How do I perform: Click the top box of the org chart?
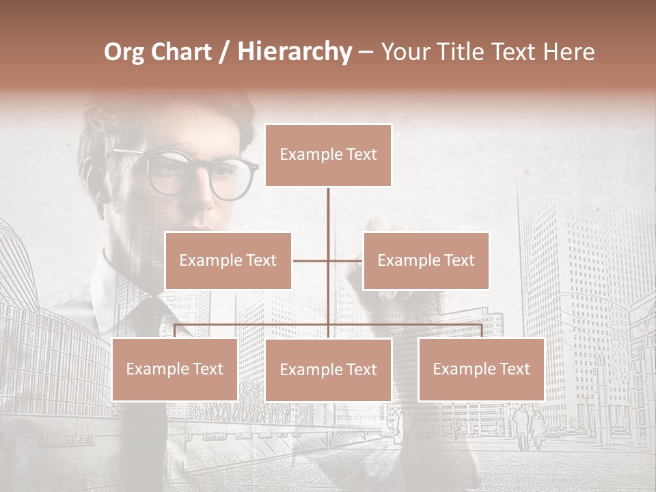pos(328,155)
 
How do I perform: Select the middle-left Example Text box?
pos(228,260)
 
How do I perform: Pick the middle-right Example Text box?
pos(426,260)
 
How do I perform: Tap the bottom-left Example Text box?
pos(175,369)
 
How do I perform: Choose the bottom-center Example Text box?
pos(328,370)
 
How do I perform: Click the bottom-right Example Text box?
pos(481,369)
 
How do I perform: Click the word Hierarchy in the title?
pos(295,52)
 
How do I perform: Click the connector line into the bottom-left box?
pos(175,331)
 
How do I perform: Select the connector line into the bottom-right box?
pos(481,331)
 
